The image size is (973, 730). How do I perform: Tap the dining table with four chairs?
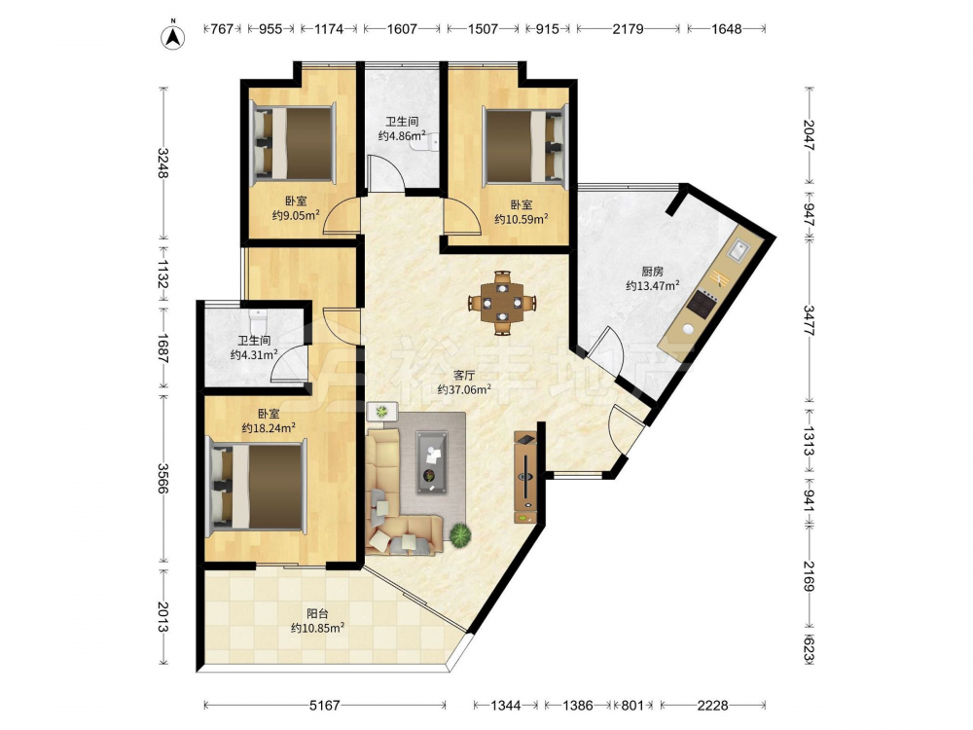click(x=502, y=303)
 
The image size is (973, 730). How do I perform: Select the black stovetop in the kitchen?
click(x=702, y=303)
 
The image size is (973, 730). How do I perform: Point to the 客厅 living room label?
click(x=464, y=376)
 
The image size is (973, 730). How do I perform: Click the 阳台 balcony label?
click(x=318, y=614)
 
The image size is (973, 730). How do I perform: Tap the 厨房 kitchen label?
click(x=652, y=272)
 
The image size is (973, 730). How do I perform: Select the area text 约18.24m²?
click(x=269, y=427)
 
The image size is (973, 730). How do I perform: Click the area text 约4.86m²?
click(x=402, y=135)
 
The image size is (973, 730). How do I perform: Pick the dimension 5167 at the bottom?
click(x=325, y=705)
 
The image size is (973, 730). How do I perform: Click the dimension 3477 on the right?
click(x=809, y=320)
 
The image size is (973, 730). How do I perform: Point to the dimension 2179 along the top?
click(x=628, y=28)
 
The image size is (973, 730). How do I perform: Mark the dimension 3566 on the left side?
click(x=162, y=479)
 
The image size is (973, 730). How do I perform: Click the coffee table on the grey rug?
click(x=431, y=462)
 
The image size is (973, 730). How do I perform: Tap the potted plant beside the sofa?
click(x=460, y=534)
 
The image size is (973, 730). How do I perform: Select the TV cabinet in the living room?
click(x=525, y=478)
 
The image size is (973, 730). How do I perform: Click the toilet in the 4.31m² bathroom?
click(x=256, y=320)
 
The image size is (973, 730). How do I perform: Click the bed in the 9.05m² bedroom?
click(x=293, y=144)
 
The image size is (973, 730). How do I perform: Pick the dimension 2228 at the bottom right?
click(x=712, y=705)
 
